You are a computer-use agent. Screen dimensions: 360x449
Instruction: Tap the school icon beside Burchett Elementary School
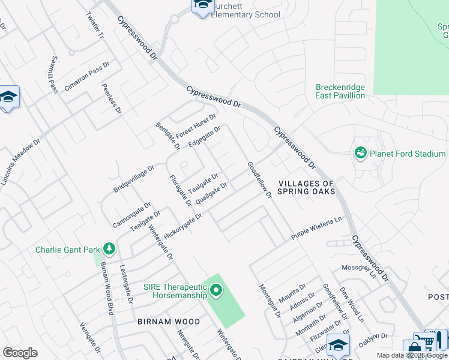202,5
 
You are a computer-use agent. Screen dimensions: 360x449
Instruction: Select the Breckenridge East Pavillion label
340,91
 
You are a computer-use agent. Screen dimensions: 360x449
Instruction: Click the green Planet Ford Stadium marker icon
361,154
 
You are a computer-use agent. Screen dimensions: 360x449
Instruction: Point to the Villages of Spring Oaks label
306,187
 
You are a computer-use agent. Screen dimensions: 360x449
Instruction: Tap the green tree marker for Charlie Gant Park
109,249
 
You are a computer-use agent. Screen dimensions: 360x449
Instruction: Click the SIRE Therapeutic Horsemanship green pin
216,292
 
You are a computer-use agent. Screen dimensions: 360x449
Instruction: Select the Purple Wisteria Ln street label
316,229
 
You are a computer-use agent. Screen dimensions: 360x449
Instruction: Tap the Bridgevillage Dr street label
134,179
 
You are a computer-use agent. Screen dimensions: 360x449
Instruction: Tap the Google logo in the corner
20,352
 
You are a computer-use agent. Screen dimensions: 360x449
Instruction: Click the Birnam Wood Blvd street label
106,288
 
